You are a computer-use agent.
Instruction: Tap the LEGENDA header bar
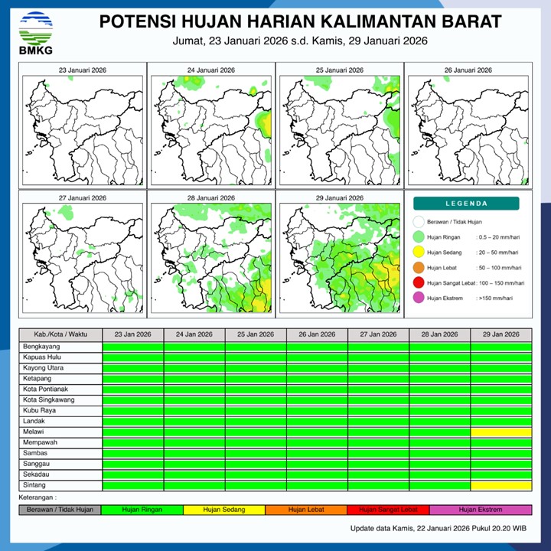[466, 204]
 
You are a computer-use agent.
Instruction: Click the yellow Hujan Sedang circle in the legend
[418, 252]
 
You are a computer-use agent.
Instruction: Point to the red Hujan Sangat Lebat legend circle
[418, 283]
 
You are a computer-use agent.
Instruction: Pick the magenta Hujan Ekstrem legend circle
[418, 298]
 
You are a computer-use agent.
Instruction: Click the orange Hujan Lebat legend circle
[418, 268]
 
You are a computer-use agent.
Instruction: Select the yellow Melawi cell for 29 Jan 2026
[501, 432]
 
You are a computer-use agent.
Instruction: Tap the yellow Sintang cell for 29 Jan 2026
[501, 485]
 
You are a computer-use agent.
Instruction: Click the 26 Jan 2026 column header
[317, 335]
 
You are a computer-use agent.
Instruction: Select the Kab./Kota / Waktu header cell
[60, 335]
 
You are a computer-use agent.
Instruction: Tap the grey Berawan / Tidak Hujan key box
[60, 510]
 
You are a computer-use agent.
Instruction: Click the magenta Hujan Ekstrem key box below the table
[481, 510]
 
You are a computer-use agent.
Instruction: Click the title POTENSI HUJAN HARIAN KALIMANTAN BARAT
[301, 21]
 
